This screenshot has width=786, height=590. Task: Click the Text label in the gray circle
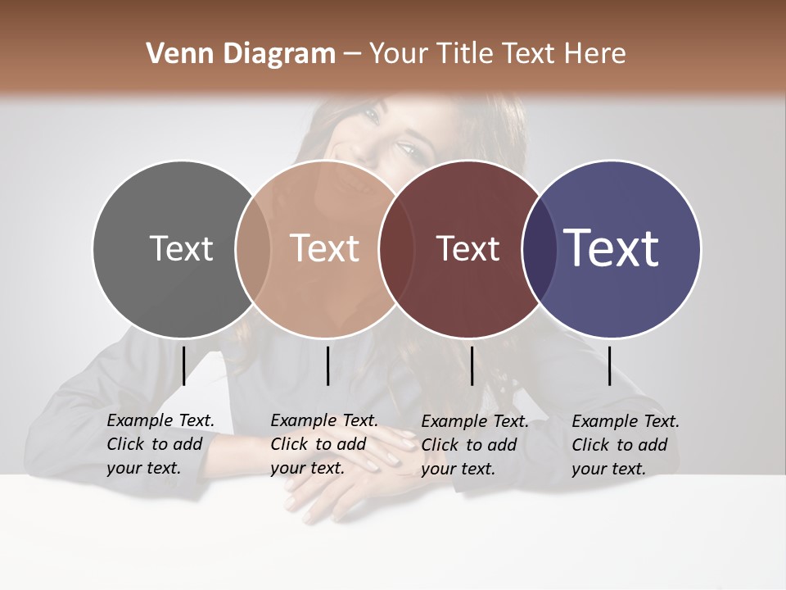click(182, 248)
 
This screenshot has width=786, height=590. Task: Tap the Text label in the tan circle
click(325, 248)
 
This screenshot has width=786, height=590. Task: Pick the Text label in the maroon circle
click(468, 248)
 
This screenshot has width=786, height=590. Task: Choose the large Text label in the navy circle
click(612, 248)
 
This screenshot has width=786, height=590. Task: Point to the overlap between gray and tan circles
click(253, 249)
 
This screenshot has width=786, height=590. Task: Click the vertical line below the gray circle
click(183, 365)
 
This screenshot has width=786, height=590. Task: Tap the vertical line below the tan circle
click(327, 365)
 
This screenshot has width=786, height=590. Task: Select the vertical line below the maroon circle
click(472, 365)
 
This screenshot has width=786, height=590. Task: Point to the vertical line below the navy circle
click(609, 365)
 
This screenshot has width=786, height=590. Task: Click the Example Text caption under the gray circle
click(160, 444)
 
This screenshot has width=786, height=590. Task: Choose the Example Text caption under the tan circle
click(323, 444)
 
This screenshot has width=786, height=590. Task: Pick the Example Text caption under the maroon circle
click(474, 445)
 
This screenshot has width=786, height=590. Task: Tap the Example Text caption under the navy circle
click(625, 445)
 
